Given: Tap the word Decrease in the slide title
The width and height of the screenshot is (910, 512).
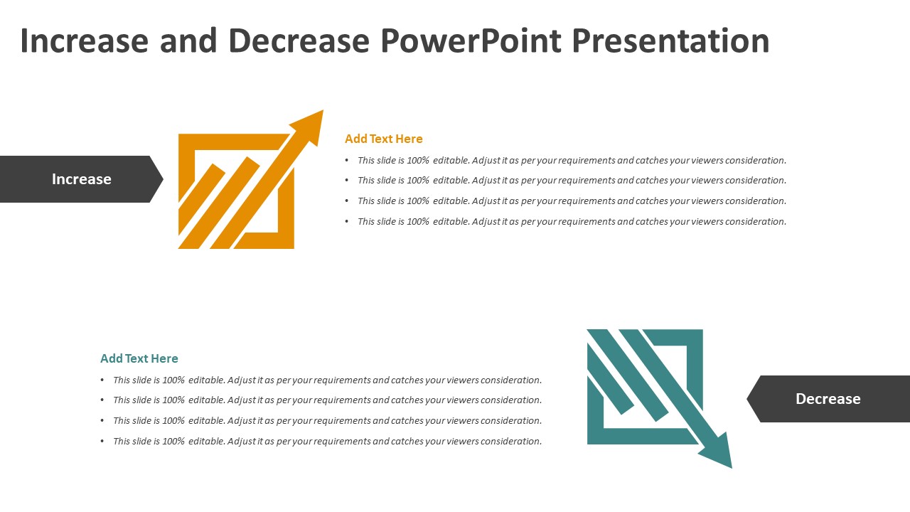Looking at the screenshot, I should pyautogui.click(x=299, y=41).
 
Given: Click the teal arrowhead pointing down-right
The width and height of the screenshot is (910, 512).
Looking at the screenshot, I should pyautogui.click(x=717, y=453).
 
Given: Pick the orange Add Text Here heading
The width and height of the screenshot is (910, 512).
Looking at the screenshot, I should pyautogui.click(x=384, y=139).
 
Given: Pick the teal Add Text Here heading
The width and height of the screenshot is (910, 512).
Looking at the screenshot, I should pyautogui.click(x=139, y=358).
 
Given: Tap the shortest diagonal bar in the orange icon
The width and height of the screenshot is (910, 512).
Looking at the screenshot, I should pyautogui.click(x=200, y=188).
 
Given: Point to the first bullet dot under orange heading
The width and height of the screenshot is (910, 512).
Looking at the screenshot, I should pyautogui.click(x=347, y=161).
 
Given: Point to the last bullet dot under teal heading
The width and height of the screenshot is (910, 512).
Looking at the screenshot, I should pyautogui.click(x=102, y=442).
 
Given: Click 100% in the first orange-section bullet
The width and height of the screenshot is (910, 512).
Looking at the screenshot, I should pyautogui.click(x=418, y=161).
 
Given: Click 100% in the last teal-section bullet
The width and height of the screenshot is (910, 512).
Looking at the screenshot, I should pyautogui.click(x=173, y=442).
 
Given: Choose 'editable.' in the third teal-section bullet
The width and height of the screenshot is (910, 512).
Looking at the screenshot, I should pyautogui.click(x=206, y=421).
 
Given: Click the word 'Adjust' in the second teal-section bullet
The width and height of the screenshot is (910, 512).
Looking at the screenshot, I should pyautogui.click(x=242, y=400).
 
